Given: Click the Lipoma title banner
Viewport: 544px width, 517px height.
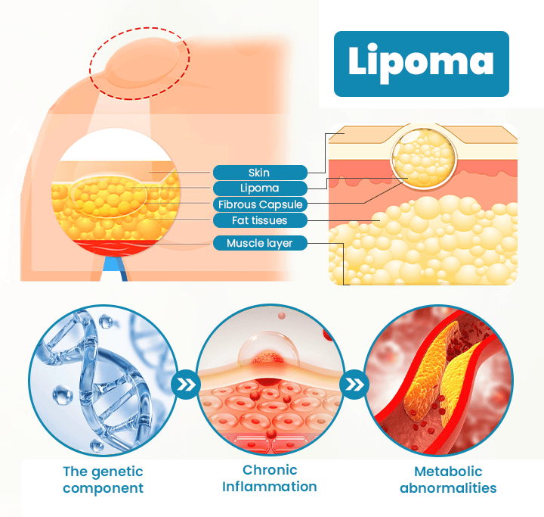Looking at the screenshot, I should click(x=420, y=64).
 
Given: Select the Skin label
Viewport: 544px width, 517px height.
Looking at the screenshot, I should click(x=259, y=173).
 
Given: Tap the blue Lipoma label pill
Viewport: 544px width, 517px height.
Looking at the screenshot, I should click(x=259, y=188).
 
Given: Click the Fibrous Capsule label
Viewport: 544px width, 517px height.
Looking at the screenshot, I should click(x=259, y=204).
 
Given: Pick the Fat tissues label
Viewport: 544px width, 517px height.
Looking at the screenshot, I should click(x=259, y=220).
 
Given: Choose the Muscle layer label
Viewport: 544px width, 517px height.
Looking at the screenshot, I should click(x=259, y=243).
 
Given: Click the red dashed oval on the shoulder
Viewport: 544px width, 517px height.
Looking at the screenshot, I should click(x=140, y=64).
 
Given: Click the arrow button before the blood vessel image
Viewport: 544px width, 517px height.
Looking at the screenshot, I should click(x=354, y=385).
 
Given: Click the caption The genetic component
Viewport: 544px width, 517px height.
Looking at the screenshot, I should click(x=103, y=480).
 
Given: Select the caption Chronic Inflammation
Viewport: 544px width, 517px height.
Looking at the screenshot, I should click(x=270, y=478).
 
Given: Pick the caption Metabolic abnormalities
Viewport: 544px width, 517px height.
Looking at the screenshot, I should click(x=438, y=480).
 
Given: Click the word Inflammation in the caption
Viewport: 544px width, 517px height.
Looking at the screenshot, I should click(x=270, y=487).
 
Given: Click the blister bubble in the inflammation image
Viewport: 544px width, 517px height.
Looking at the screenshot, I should click(x=261, y=350).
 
